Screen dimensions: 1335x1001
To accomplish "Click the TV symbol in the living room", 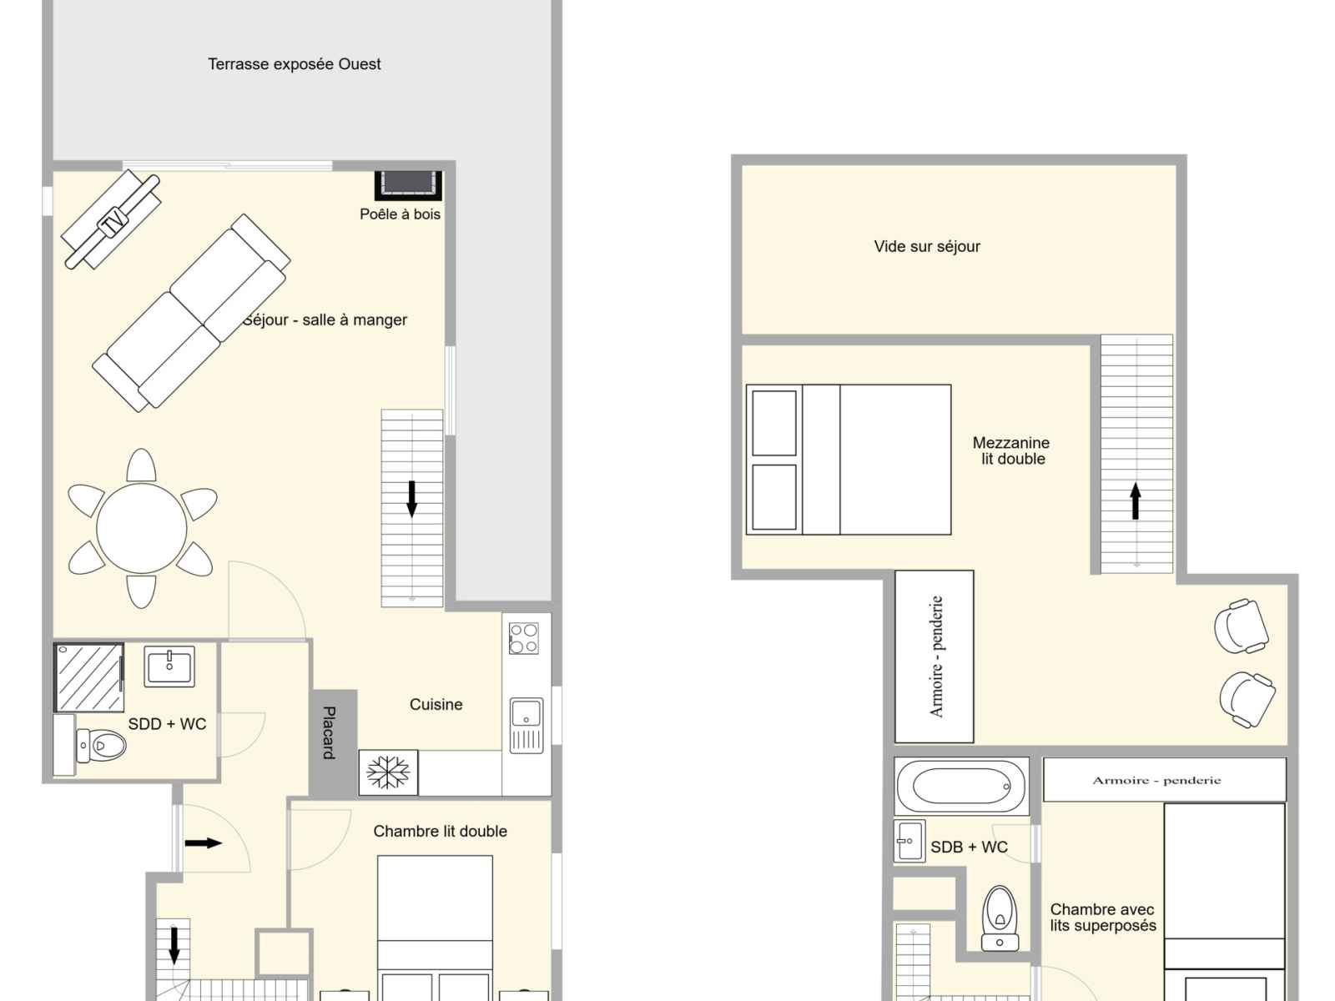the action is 113,219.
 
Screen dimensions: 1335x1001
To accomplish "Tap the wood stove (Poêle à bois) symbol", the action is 408,185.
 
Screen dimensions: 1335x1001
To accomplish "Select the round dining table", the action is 141,528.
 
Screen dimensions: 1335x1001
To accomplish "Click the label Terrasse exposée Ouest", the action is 295,64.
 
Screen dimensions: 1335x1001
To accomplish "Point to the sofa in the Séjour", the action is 191,313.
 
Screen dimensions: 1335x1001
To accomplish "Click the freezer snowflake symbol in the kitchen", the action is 388,772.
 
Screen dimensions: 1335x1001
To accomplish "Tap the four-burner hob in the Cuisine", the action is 524,638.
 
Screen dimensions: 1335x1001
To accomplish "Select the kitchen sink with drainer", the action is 526,725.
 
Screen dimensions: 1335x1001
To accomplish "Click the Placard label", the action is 329,732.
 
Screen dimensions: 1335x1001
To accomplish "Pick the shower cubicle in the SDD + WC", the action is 88,677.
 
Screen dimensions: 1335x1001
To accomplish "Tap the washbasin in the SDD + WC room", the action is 169,666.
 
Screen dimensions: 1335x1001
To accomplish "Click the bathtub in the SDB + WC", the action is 961,786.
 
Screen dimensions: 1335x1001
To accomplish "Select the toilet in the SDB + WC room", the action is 1000,918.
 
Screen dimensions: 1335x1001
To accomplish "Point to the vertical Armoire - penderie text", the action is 936,656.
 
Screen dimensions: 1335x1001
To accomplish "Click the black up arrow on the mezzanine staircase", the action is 1135,501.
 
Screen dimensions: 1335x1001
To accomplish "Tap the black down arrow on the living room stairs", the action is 411,499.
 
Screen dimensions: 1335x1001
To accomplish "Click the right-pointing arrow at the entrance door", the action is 204,843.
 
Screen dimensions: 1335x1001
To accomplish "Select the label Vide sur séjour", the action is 927,246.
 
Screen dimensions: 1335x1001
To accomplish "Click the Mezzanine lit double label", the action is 1011,450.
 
